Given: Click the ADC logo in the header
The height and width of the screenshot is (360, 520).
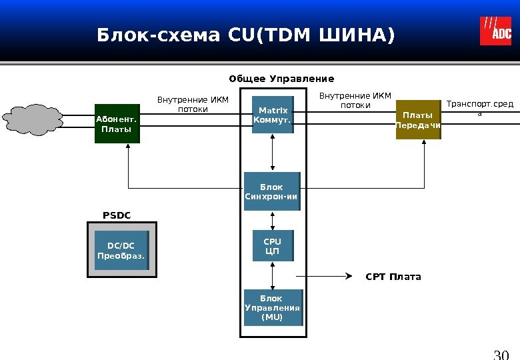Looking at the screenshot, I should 496,31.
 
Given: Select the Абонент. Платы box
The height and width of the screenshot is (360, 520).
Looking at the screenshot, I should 117,123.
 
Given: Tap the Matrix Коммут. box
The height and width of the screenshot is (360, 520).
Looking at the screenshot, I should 272,115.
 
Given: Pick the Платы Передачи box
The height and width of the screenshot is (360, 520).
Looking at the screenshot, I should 418,120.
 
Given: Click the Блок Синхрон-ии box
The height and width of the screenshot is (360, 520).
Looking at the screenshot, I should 272,191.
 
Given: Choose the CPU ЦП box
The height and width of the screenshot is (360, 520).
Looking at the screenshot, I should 273,246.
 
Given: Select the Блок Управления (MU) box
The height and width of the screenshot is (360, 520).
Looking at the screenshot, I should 272,307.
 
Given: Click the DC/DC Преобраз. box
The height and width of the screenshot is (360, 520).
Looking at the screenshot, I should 121,251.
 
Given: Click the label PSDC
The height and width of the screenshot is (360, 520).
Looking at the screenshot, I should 117,215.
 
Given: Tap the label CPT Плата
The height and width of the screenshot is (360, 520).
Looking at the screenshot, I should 393,277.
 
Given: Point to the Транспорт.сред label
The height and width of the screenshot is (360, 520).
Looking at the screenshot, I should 479,108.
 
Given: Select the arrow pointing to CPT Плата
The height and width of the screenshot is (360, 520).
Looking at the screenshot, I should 333,275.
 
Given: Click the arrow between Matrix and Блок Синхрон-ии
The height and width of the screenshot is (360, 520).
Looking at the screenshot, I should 272,153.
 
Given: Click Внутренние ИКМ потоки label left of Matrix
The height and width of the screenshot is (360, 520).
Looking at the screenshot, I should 193,105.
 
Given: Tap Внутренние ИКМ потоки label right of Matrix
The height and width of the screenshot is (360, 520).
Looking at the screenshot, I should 355,100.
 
